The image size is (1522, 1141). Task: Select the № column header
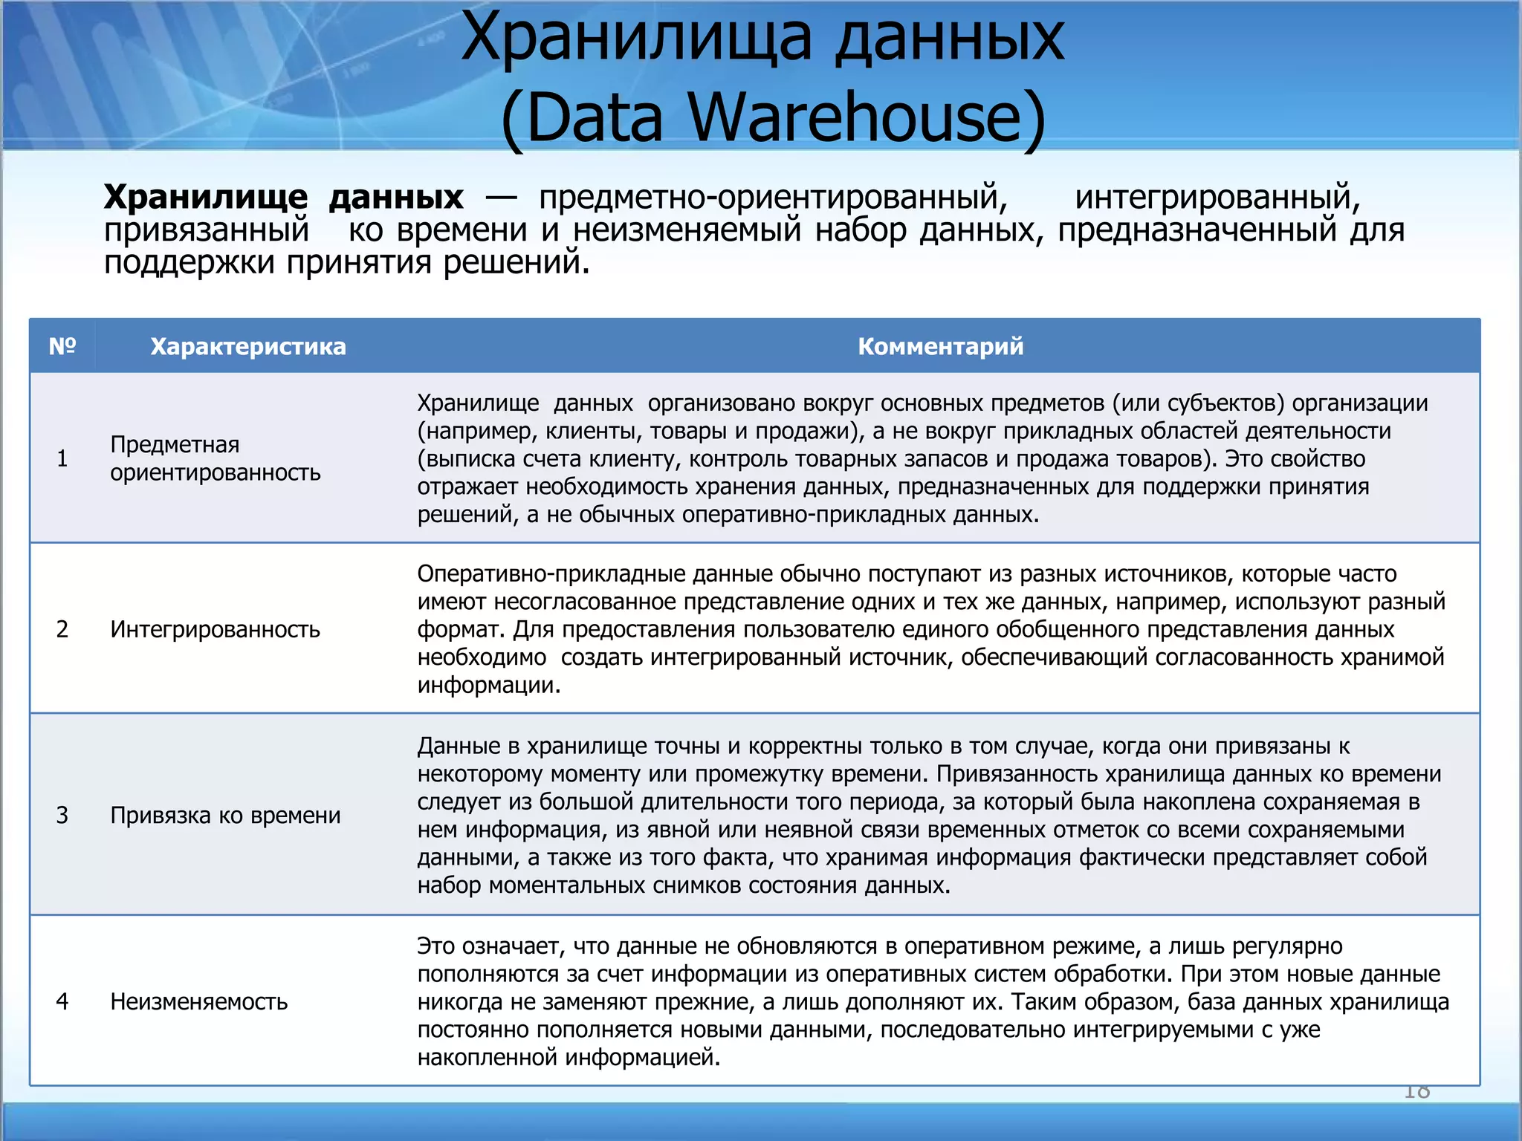click(x=62, y=346)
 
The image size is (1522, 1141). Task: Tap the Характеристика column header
click(x=248, y=347)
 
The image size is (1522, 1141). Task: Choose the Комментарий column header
click(x=940, y=346)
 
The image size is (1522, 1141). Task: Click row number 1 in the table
click(x=62, y=458)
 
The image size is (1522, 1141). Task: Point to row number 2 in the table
click(x=62, y=629)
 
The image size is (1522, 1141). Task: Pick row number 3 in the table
click(x=62, y=815)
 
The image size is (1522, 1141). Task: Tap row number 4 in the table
click(x=62, y=1001)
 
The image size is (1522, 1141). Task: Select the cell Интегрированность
click(x=215, y=629)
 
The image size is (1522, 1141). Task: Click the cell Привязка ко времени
click(x=225, y=815)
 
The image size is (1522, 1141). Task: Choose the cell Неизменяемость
click(x=198, y=1001)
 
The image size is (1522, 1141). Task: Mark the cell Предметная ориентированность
click(x=215, y=458)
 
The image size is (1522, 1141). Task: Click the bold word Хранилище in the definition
click(x=205, y=197)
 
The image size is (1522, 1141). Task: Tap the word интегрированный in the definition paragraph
click(x=1217, y=197)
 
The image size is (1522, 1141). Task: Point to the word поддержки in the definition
click(x=189, y=262)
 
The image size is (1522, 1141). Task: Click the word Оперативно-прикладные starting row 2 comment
click(x=551, y=573)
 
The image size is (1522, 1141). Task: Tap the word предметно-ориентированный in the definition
click(x=773, y=197)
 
